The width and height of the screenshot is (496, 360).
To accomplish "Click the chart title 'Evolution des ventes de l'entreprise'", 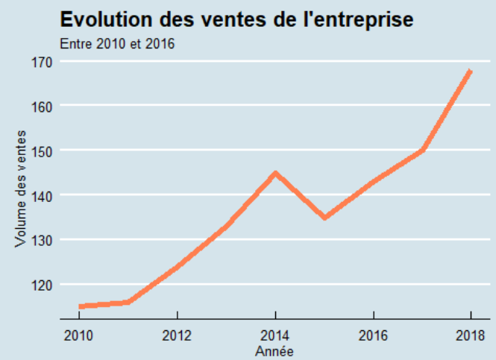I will [236, 20].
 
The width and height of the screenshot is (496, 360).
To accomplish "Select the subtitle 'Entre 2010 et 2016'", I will [117, 45].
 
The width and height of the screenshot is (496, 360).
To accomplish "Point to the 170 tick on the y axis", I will [42, 61].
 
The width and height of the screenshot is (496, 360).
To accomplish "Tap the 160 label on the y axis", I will [42, 106].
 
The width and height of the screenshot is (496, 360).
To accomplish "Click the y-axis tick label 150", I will [42, 151].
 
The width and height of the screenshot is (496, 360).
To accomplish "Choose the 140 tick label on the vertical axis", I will [42, 195].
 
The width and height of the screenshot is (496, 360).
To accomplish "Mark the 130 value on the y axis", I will [42, 240].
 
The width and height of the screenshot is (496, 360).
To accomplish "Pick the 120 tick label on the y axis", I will [42, 285].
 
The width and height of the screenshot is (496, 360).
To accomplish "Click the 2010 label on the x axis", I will [79, 335].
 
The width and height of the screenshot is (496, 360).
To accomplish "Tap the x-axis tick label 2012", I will [177, 335].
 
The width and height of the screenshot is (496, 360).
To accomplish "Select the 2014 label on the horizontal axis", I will [275, 335].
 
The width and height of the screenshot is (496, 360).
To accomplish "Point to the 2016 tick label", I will [373, 335].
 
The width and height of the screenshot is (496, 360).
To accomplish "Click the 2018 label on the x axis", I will [471, 335].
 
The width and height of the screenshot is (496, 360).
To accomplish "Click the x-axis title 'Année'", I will [274, 350].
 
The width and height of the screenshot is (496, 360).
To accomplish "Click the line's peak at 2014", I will [275, 174].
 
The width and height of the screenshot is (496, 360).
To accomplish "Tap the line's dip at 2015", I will [324, 217].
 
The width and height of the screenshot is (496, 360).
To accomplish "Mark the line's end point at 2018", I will [470, 72].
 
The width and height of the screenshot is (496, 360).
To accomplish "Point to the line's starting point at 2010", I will [81, 306].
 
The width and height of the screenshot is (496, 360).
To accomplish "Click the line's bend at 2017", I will [422, 150].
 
